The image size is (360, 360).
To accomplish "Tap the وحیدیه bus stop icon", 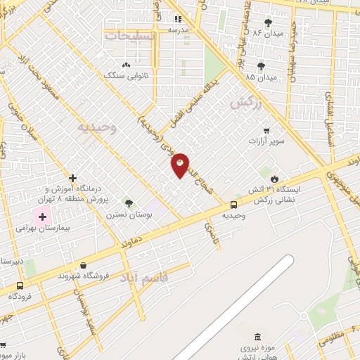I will click(x=233, y=205).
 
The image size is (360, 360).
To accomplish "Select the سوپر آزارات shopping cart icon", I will click(x=266, y=130).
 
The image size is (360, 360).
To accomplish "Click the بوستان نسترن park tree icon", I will click(x=128, y=202).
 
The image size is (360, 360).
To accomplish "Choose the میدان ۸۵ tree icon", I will click(x=261, y=66).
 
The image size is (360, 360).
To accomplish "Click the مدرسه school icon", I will click(x=178, y=19).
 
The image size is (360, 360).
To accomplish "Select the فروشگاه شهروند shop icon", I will click(x=84, y=266).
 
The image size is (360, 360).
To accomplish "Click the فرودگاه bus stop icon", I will click(x=19, y=285).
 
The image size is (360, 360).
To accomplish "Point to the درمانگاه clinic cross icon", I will click(x=72, y=179).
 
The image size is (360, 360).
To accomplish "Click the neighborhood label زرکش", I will click(x=245, y=103).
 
